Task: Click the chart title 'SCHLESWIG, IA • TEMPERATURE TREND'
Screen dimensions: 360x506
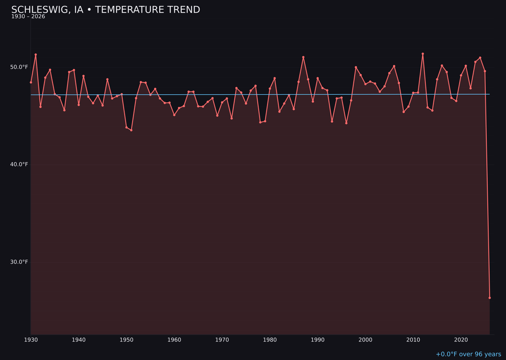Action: click(x=105, y=10)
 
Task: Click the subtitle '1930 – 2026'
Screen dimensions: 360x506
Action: click(x=28, y=17)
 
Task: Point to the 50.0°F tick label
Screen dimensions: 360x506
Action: click(x=19, y=67)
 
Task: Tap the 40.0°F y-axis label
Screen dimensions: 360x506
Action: click(x=19, y=165)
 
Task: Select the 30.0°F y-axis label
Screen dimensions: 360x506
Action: click(x=19, y=262)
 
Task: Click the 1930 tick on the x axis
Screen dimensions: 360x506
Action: click(x=31, y=339)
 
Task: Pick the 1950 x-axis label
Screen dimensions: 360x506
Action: click(x=126, y=339)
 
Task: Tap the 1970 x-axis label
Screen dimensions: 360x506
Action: click(x=222, y=339)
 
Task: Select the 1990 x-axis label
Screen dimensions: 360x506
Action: click(x=318, y=339)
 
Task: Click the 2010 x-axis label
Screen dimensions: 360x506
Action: click(x=413, y=339)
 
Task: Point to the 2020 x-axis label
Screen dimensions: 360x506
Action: click(x=461, y=339)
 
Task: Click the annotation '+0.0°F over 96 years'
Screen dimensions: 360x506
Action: click(x=468, y=354)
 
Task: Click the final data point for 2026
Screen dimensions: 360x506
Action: click(x=490, y=298)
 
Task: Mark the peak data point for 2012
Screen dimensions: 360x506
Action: click(x=423, y=54)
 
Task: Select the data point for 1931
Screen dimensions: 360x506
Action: click(x=36, y=55)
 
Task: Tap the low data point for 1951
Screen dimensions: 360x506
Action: click(x=131, y=130)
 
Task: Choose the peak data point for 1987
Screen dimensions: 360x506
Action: click(x=303, y=57)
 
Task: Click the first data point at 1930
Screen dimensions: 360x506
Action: click(x=31, y=82)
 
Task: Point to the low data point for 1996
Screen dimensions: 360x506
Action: click(x=346, y=123)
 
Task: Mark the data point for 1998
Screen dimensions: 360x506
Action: click(x=356, y=67)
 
